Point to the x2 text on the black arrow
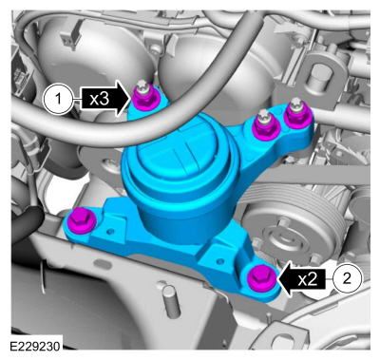click(x=306, y=278)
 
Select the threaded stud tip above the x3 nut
click(x=142, y=83)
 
